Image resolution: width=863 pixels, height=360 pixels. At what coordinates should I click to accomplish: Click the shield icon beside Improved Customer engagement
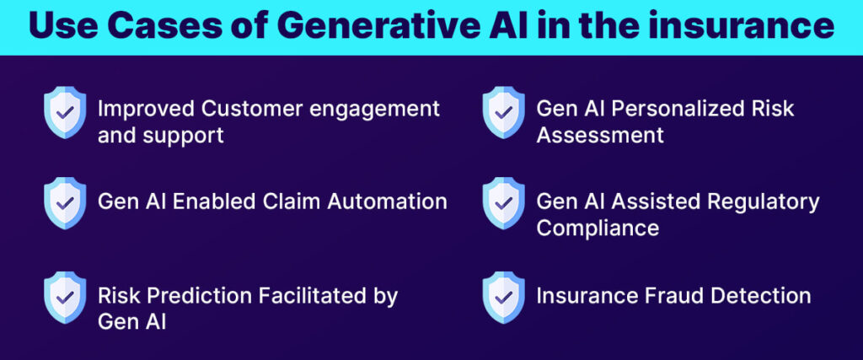[64, 112]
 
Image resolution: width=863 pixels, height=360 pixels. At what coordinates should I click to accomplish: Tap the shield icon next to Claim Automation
[64, 201]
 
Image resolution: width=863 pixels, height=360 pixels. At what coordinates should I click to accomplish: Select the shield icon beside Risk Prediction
[64, 296]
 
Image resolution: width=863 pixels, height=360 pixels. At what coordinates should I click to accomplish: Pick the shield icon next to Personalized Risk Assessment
[503, 112]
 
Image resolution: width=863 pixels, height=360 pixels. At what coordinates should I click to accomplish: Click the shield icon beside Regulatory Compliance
[503, 201]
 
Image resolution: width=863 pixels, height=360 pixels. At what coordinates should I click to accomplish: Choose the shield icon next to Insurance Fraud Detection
[503, 296]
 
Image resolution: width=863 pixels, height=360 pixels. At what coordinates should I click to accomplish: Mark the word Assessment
[600, 135]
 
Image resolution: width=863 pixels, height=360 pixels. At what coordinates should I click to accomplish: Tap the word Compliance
[598, 228]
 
